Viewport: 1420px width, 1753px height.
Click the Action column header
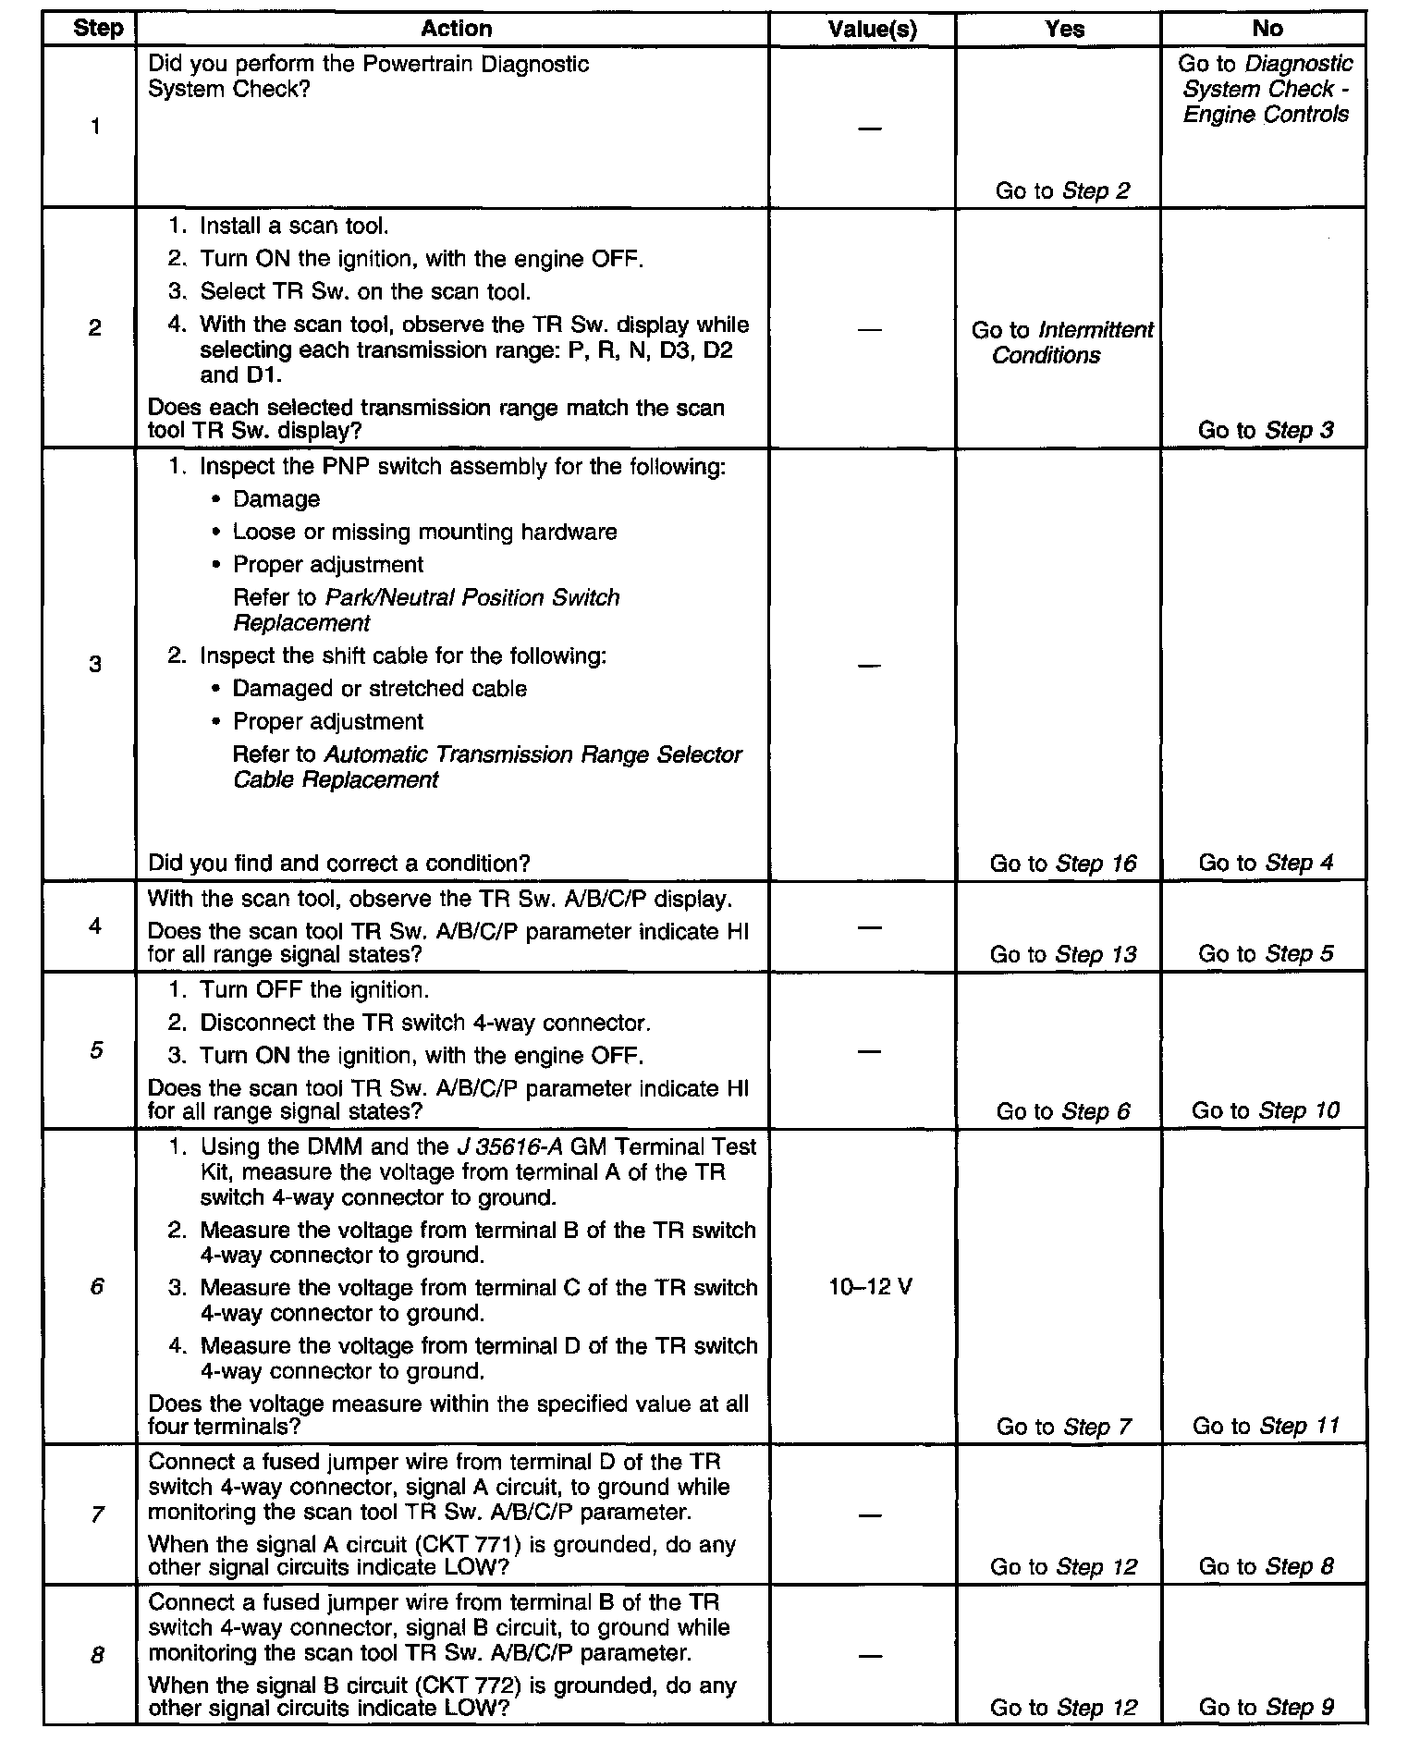456,29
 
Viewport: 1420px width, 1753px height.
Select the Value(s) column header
872,30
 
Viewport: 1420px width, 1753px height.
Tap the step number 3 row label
95,664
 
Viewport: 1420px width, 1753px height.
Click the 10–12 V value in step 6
870,1287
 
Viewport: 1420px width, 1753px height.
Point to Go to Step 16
1062,864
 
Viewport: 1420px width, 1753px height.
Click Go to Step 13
1062,954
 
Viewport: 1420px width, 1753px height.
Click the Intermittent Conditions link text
1062,343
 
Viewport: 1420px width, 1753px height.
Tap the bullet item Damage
276,499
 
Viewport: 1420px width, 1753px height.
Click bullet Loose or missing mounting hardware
424,533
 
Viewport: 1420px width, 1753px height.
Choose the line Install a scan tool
294,227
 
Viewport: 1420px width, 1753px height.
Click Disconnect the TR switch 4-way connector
425,1024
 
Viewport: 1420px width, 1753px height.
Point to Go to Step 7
1062,1427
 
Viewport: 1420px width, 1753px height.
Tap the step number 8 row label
95,1656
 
